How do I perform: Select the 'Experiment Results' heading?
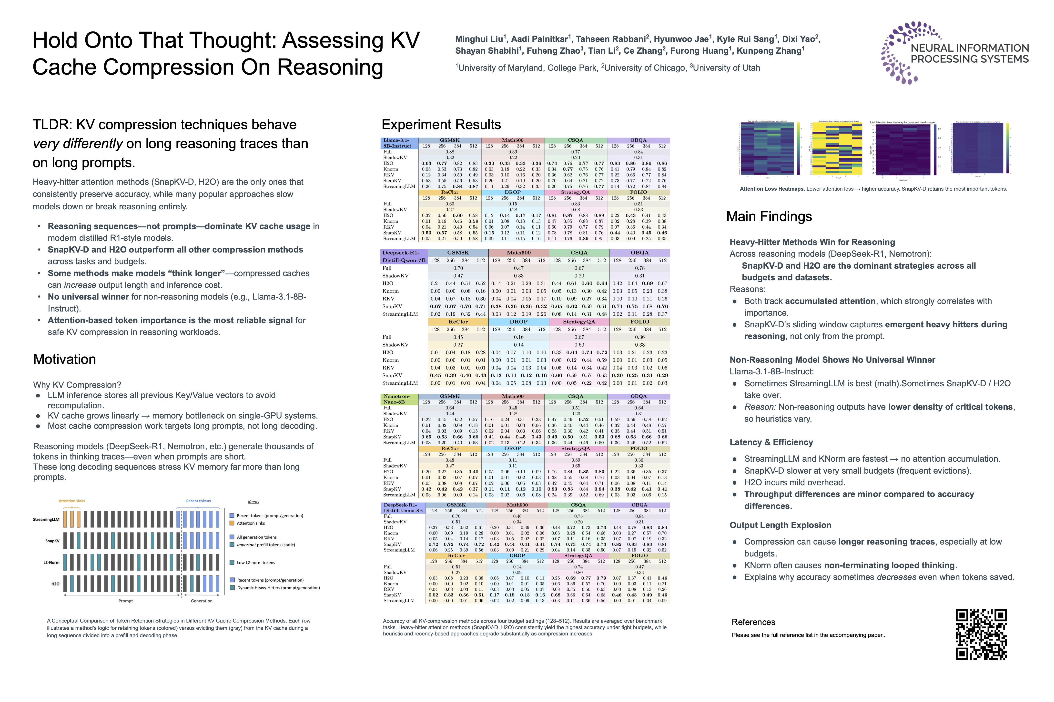(x=441, y=125)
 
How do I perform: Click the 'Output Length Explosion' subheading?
(x=780, y=525)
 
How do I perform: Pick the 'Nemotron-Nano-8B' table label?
(x=397, y=399)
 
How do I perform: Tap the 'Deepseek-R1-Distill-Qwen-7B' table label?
(x=403, y=256)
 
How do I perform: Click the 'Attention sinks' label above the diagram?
(x=72, y=501)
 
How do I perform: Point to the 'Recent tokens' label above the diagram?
(x=198, y=501)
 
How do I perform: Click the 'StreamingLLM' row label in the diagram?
(x=46, y=519)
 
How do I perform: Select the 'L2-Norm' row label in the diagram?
(x=51, y=562)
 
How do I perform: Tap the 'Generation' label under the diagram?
(x=202, y=601)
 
